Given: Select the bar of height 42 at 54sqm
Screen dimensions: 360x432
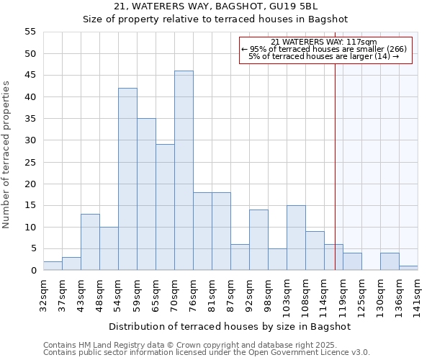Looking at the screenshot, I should (127, 179).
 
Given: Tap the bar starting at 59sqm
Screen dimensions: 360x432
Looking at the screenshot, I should (146, 194).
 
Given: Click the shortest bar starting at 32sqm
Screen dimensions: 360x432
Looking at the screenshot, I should (53, 266).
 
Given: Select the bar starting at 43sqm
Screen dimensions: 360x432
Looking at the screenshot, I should (90, 242).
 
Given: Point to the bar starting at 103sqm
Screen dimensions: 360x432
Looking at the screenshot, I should (296, 238).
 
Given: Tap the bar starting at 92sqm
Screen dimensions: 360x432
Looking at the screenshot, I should (258, 240).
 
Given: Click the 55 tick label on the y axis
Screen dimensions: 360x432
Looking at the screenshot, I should (30, 32).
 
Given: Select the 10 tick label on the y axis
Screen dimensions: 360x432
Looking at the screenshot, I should (30, 228).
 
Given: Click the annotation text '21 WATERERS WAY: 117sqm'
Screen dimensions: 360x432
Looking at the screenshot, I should (324, 42).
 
